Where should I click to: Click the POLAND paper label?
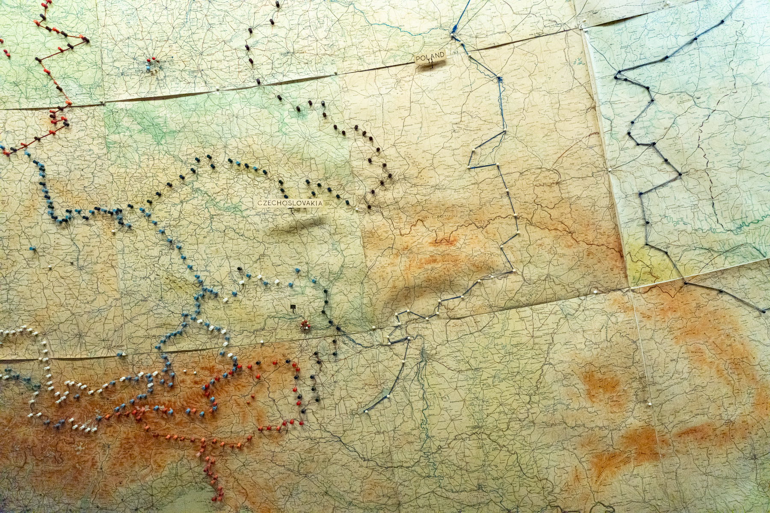point(430,57)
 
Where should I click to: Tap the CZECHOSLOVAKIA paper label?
point(290,203)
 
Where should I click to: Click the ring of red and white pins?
point(305,326)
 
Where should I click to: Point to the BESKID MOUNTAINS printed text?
point(434,217)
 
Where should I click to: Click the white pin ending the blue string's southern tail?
point(367,411)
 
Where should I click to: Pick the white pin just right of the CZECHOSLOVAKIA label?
point(356,209)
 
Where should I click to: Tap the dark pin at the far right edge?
point(764,311)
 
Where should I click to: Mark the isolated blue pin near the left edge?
point(32,248)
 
